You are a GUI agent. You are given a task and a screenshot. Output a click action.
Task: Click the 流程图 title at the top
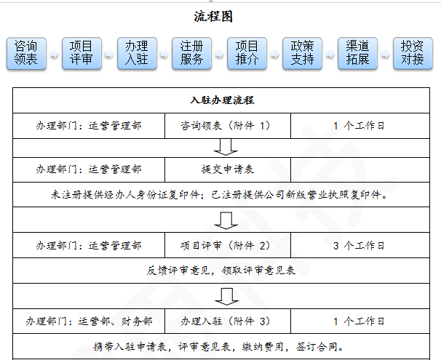213,16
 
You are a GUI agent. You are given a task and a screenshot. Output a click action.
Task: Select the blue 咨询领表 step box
26,53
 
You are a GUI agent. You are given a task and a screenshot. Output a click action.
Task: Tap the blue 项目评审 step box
82,53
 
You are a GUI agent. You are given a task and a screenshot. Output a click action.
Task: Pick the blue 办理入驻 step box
137,53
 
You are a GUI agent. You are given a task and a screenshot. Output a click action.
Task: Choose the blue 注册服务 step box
192,53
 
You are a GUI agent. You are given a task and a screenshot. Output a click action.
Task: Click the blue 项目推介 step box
247,53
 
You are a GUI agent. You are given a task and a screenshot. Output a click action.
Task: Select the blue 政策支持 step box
302,53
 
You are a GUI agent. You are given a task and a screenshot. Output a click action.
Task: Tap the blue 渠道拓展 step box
357,53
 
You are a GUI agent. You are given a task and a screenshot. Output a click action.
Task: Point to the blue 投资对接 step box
413,53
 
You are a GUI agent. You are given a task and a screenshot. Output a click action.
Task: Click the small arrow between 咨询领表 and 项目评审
54,54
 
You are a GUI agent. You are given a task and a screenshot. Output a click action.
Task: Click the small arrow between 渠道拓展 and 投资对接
385,54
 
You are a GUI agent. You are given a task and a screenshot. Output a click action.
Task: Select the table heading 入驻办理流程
222,100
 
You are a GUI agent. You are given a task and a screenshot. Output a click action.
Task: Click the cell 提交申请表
228,169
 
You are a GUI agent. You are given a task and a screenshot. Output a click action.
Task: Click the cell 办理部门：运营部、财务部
89,321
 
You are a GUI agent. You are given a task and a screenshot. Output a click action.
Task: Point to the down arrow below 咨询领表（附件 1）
226,147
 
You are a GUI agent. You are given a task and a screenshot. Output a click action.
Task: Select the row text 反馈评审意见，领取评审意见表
220,271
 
